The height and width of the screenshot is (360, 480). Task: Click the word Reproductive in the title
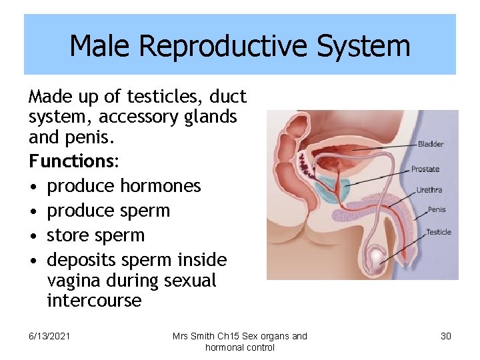point(224,46)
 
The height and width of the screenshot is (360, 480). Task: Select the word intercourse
point(94,301)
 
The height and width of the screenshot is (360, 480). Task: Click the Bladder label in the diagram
point(431,144)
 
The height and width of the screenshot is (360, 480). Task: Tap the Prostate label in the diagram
point(425,169)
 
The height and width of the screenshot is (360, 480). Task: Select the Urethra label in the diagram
point(429,190)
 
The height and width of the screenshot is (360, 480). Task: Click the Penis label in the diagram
point(437,209)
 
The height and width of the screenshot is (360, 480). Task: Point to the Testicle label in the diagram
point(439,232)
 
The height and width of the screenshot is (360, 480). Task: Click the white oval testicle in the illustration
point(378,255)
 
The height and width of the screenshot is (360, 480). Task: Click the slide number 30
point(445,336)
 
